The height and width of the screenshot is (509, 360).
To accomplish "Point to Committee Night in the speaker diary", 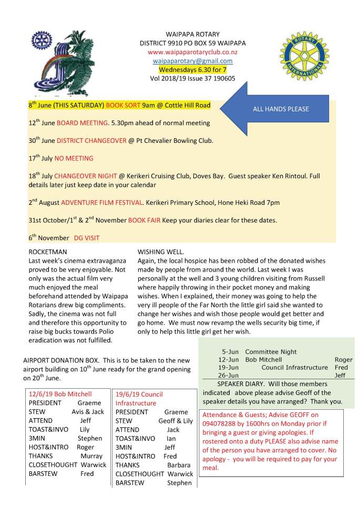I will tap(271, 351).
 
